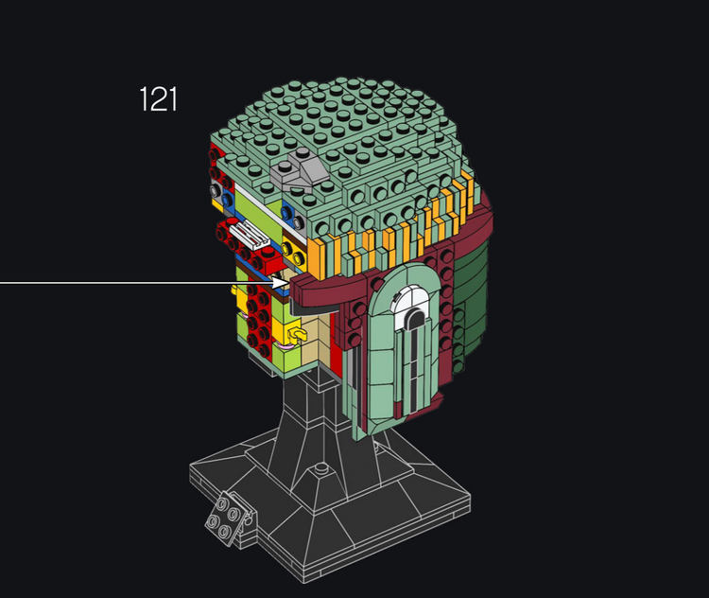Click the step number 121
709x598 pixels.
click(x=158, y=99)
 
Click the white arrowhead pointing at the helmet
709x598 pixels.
click(x=280, y=283)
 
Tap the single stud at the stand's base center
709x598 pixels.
click(x=321, y=467)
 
